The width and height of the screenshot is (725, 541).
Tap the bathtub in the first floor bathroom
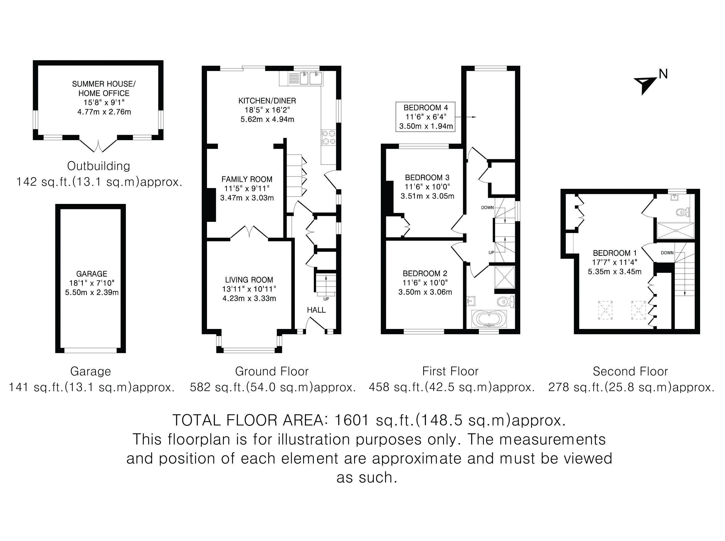(489, 319)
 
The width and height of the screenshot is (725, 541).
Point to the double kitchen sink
(311, 78)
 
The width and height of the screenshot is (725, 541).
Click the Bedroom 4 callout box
(425, 117)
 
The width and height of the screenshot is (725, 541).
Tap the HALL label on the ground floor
(316, 310)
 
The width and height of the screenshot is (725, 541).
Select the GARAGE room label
(92, 274)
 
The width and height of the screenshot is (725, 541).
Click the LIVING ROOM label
(249, 280)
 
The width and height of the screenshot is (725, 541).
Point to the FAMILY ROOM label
(247, 179)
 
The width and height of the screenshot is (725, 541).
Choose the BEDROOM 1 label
(615, 253)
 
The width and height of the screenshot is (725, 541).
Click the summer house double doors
(98, 146)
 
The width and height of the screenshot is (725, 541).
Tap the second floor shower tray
(675, 230)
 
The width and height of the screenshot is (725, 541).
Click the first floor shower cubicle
(505, 277)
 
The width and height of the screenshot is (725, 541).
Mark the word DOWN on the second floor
(667, 253)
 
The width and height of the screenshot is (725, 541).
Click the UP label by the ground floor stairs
(326, 299)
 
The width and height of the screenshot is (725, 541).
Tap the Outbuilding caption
(98, 166)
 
